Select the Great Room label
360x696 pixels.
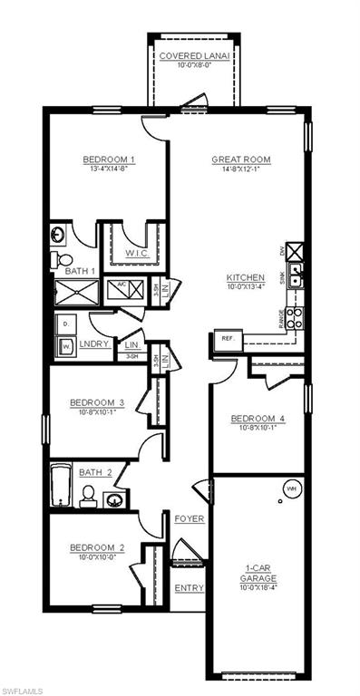coord(240,159)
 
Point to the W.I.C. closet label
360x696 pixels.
coord(138,253)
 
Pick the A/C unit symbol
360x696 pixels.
coord(122,289)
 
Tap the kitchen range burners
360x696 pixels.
coord(295,318)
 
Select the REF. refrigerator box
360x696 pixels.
coord(228,338)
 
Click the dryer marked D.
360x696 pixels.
coord(66,324)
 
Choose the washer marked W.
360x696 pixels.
coord(66,345)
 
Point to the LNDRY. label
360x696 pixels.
coord(94,345)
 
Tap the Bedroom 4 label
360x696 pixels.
coord(258,418)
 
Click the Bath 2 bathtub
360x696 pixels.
coord(60,487)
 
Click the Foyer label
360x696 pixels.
coord(189,518)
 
